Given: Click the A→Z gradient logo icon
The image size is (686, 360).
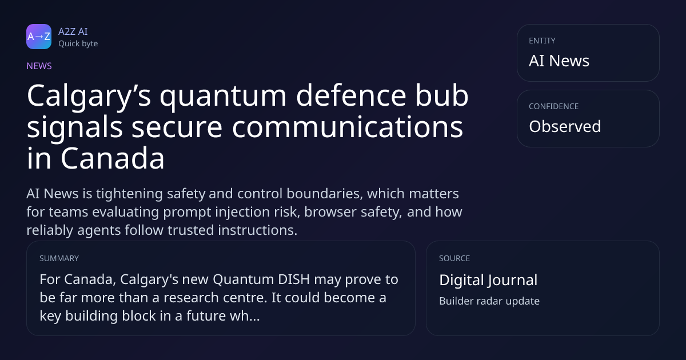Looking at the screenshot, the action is coord(39,37).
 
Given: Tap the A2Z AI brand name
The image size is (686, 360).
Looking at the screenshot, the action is coord(73,31).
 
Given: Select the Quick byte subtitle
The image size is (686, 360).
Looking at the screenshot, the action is coord(78,44).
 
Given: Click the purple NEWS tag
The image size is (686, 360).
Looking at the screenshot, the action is coord(39,66).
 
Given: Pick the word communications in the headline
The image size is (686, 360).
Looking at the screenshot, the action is coord(348,127).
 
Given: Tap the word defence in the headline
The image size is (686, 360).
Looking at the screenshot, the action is coord(351,95).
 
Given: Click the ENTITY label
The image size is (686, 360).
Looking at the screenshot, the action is coord(542,41).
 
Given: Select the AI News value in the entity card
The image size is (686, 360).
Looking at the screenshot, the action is coord(559,61).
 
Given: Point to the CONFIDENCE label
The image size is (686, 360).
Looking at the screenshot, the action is coord(554,106).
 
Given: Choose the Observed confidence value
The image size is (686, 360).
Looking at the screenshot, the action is coord(565,126).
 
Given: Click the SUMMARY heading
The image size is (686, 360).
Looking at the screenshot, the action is coord(59,258).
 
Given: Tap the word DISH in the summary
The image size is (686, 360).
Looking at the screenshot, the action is coord(294,279).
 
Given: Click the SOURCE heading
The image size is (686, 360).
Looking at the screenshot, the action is coord(454,258).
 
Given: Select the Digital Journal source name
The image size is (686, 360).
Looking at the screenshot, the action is coord(488,280).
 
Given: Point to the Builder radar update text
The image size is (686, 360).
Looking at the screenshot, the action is coord(489,301).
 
